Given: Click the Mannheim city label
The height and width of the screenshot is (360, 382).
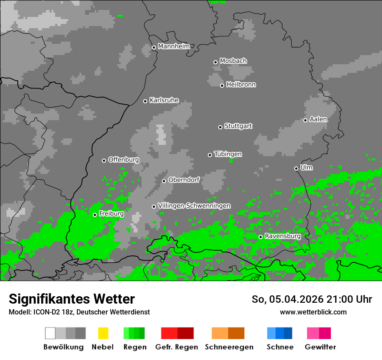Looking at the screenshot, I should (x=174, y=46).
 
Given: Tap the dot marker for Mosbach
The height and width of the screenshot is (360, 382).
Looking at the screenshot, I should (x=215, y=62).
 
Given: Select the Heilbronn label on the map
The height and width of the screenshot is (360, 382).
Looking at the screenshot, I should (x=241, y=85).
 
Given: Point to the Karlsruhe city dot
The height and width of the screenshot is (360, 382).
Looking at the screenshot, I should (x=145, y=101).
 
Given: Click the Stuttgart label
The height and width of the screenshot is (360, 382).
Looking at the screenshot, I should (x=238, y=126).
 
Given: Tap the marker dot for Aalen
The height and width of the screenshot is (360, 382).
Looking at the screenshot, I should (x=305, y=120).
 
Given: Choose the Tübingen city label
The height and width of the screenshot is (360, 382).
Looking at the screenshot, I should (x=228, y=154).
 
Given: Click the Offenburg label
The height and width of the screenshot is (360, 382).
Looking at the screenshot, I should (x=124, y=160).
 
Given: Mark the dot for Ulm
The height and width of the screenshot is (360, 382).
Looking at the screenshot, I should (x=296, y=168).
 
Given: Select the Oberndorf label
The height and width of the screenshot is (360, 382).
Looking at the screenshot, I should (x=184, y=180).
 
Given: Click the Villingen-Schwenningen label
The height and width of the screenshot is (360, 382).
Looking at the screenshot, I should (x=194, y=206).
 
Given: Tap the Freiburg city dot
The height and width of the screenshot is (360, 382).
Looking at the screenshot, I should (x=95, y=215).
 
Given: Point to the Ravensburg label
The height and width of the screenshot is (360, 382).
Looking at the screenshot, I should (x=283, y=236).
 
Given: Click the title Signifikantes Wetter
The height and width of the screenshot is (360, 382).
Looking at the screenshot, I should (x=72, y=299).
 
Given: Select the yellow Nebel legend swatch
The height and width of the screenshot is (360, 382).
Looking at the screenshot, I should (x=103, y=333).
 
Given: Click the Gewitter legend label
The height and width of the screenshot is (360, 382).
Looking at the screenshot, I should (x=320, y=347).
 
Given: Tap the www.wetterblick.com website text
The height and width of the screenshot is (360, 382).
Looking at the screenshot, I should (x=313, y=312).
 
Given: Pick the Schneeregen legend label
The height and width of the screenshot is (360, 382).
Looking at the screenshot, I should (x=229, y=347).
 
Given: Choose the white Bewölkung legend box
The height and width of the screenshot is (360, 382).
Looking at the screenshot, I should (x=50, y=333).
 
